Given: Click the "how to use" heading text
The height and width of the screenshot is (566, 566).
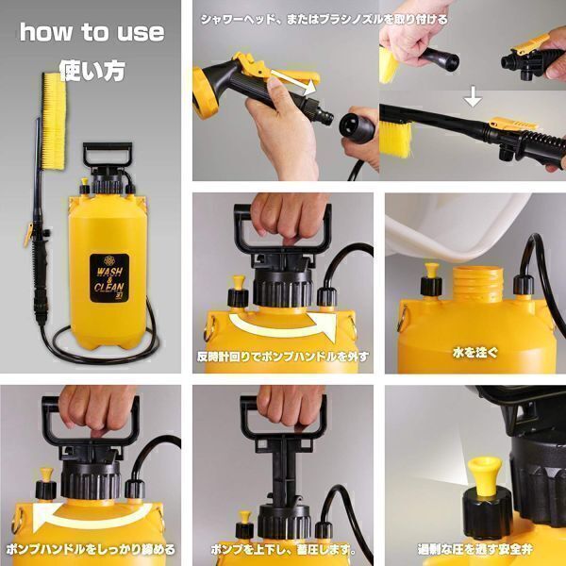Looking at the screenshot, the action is point(92,32).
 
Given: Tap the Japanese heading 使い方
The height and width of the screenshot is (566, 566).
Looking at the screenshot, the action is point(92,71).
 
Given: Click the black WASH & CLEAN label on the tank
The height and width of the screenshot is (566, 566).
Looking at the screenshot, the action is point(109,278).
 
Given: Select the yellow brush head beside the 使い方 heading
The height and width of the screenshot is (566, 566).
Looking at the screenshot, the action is point(54,121).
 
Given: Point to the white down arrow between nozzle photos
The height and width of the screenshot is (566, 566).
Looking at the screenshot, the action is point(473,96).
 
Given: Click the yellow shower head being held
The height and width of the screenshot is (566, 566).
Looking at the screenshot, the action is point(205,93).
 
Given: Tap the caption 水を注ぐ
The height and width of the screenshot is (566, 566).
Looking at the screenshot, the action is point(475,352).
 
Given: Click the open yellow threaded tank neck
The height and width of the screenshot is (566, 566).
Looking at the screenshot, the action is point(478,284).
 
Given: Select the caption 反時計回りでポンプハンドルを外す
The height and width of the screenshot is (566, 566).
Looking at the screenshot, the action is point(283,357).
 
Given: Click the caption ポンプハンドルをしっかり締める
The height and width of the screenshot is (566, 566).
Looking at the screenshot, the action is point(91,549).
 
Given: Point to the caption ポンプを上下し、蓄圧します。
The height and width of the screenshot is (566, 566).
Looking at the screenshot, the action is point(283,550).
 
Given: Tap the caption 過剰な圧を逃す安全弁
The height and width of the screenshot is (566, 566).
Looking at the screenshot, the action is point(475,549).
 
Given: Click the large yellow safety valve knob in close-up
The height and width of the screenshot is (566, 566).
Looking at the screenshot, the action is point(485,475).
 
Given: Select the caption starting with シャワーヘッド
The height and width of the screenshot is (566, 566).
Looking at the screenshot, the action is point(324,19).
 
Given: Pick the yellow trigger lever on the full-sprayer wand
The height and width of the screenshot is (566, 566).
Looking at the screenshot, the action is point(27,235).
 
